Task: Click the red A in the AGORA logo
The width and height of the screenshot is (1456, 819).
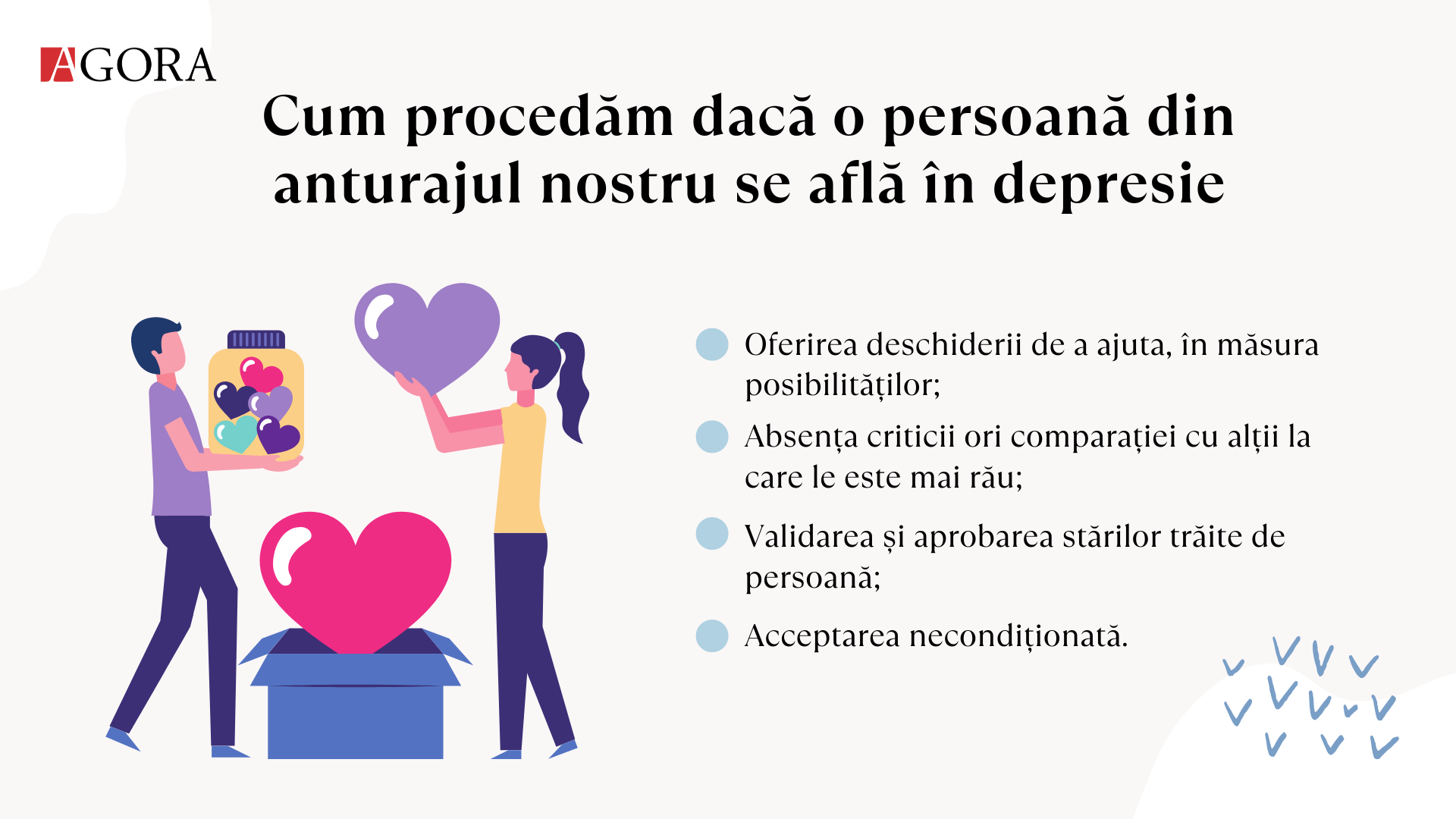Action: [58, 64]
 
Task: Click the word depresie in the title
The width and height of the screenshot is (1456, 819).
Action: [1109, 185]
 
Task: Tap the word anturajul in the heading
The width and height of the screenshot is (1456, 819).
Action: [398, 185]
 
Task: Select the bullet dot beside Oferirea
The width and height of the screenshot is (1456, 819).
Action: [712, 344]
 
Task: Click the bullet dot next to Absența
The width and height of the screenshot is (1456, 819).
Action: [712, 437]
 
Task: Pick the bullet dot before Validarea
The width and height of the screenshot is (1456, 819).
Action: [712, 533]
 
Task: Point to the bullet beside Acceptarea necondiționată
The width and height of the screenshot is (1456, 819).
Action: [712, 635]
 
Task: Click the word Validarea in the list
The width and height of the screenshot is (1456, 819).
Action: [809, 536]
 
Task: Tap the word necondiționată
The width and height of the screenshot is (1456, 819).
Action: [1018, 636]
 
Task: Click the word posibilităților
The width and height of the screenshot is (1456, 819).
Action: [843, 385]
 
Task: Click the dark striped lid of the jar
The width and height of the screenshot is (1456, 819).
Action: [256, 339]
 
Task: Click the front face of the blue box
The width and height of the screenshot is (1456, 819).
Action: [355, 722]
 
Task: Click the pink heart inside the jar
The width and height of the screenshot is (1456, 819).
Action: [262, 374]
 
